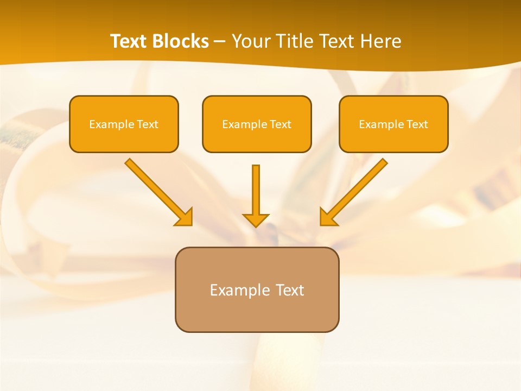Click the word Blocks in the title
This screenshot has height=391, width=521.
pyautogui.click(x=180, y=41)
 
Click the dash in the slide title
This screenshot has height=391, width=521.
pyautogui.click(x=220, y=42)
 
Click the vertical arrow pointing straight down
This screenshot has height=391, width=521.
pyautogui.click(x=256, y=190)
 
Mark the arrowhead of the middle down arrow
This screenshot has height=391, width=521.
pyautogui.click(x=256, y=219)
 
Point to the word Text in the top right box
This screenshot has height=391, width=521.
pyautogui.click(x=417, y=124)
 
